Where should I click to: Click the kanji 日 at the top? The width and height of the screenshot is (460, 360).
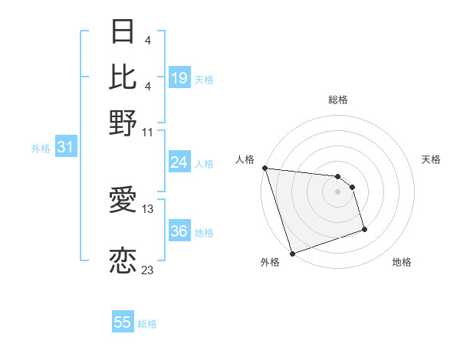[123, 33]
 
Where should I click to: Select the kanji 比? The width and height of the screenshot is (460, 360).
[123, 77]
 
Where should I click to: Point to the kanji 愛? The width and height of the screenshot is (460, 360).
[123, 201]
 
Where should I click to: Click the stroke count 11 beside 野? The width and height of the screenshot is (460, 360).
[148, 132]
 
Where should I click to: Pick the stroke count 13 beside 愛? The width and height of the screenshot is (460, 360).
[148, 208]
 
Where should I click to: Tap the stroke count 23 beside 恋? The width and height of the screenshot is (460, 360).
[148, 270]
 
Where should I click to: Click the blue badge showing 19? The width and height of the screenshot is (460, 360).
[179, 77]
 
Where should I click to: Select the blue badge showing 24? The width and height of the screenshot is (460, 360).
[179, 162]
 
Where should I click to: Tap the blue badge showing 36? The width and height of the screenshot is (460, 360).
[179, 232]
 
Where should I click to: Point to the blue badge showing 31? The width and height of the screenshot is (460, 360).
[65, 148]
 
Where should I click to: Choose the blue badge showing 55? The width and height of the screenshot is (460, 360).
[123, 322]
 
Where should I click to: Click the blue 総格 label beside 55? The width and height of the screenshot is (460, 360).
[147, 324]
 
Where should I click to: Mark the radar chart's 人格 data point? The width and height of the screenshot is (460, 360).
[264, 168]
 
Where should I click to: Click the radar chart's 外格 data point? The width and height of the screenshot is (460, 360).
[292, 254]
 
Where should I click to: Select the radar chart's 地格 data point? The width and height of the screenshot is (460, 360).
[364, 229]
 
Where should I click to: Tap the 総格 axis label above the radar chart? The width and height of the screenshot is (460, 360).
[338, 100]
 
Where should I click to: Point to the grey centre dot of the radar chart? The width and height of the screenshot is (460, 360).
[337, 191]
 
